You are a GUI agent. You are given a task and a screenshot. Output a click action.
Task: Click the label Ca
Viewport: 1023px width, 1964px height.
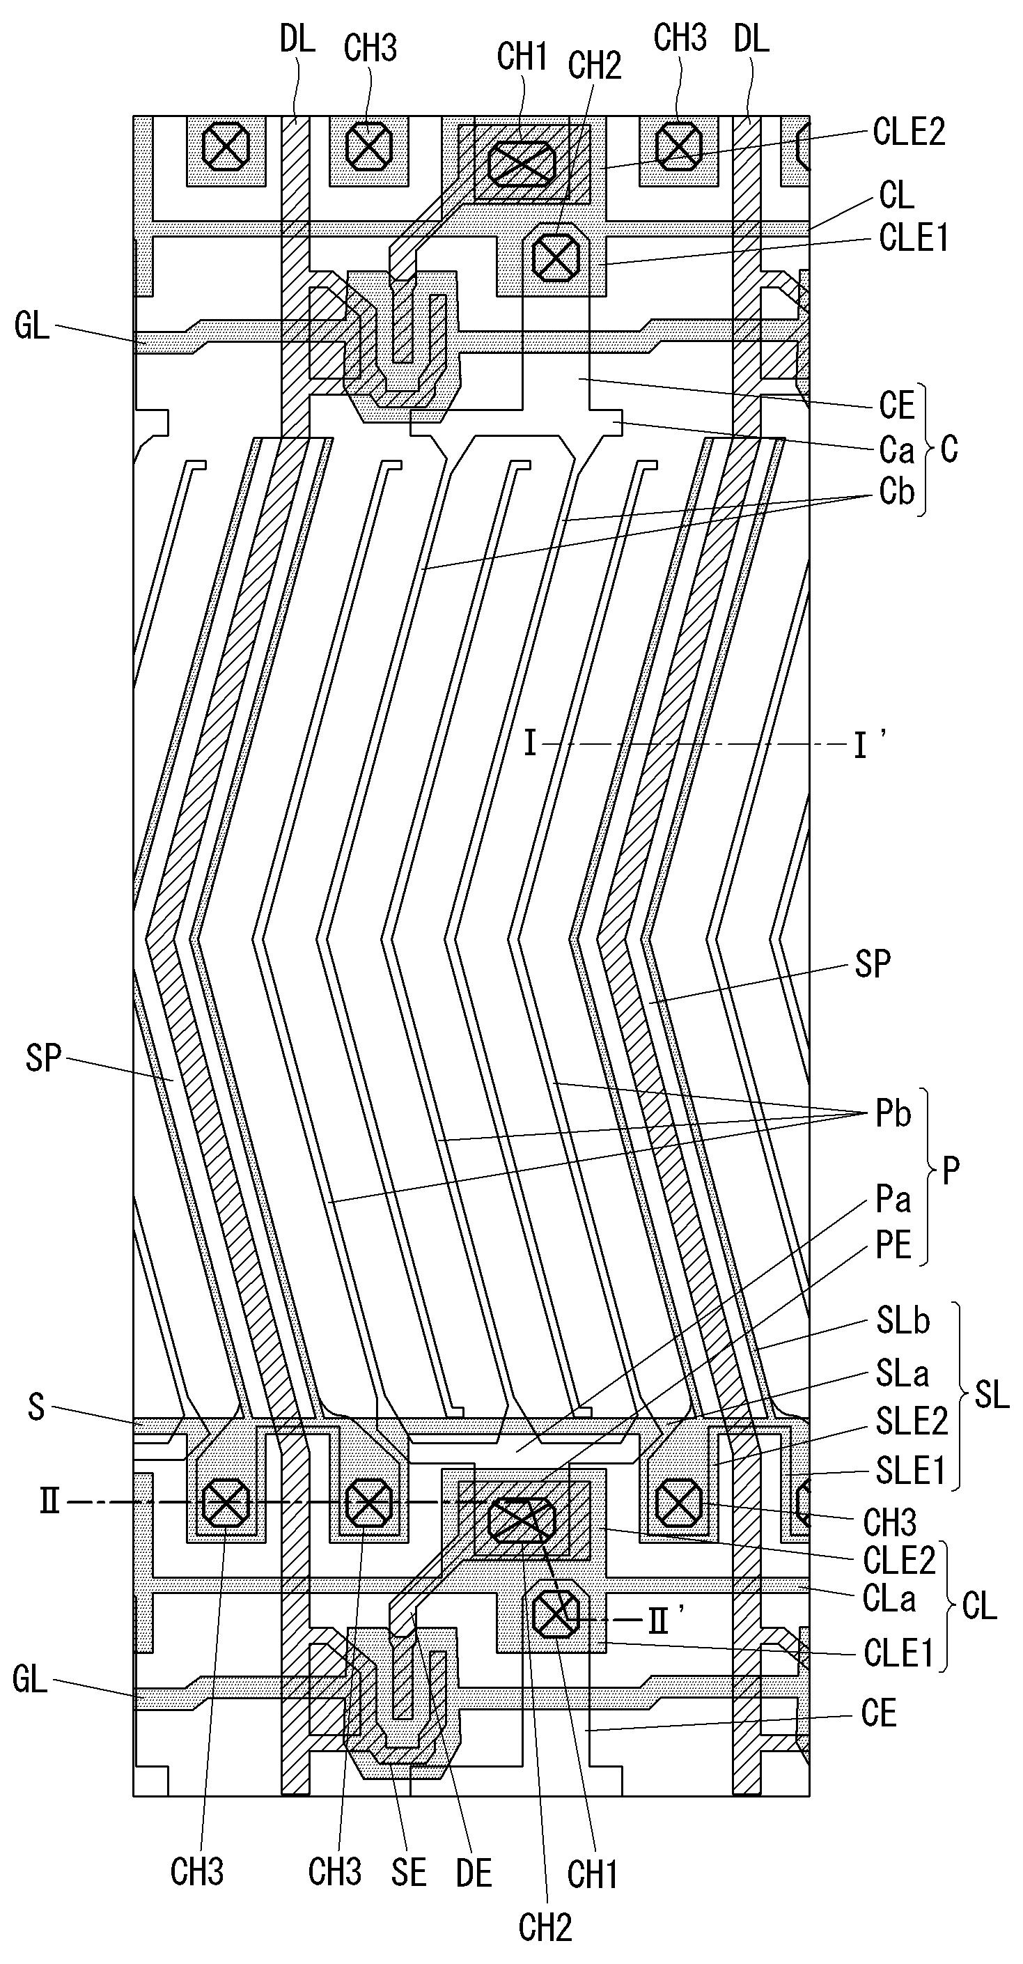click(896, 451)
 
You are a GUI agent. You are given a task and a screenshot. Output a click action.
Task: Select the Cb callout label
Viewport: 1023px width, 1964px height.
click(896, 492)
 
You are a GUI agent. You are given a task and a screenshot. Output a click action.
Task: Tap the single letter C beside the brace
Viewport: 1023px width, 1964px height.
click(949, 450)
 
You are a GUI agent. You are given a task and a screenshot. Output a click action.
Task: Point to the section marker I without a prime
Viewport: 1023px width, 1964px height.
click(531, 743)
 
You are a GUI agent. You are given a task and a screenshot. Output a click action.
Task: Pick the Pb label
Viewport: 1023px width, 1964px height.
click(893, 1114)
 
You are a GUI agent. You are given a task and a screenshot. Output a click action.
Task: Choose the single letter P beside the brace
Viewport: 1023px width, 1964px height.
click(951, 1170)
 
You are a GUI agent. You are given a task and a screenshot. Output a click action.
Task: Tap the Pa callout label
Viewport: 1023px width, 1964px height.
click(893, 1199)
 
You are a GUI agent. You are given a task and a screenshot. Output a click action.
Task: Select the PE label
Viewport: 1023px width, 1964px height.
click(893, 1246)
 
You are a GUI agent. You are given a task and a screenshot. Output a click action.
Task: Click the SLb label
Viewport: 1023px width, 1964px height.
click(903, 1321)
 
